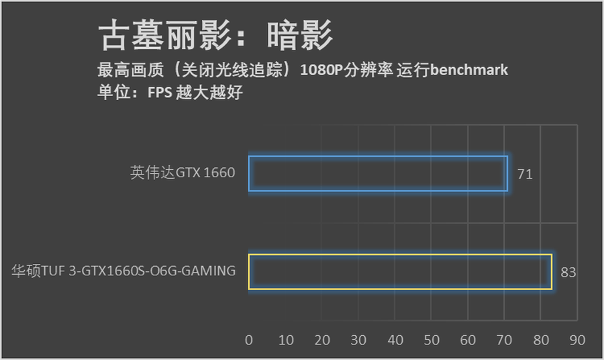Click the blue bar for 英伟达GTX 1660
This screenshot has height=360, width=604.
point(378,173)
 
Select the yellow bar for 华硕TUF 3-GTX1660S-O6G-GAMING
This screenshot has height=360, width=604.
point(400,272)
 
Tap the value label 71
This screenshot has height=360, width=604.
point(525,174)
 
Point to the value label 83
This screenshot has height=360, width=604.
point(568,272)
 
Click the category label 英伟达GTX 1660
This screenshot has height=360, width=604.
point(183,173)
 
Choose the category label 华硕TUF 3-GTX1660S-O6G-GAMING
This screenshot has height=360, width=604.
point(123,271)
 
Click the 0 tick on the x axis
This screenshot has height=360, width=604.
point(249,340)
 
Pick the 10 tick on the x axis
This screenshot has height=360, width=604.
point(286,340)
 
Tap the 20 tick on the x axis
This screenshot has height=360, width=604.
point(322,340)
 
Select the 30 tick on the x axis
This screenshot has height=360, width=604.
point(358,340)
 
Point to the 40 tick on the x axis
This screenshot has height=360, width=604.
point(395,340)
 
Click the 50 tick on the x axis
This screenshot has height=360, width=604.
point(432,340)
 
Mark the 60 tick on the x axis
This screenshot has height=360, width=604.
point(468,340)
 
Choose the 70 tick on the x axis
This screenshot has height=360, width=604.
point(505,340)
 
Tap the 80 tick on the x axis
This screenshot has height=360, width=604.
point(541,340)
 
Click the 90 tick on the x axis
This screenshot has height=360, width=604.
point(577,340)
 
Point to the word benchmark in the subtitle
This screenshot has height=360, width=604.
point(468,70)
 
